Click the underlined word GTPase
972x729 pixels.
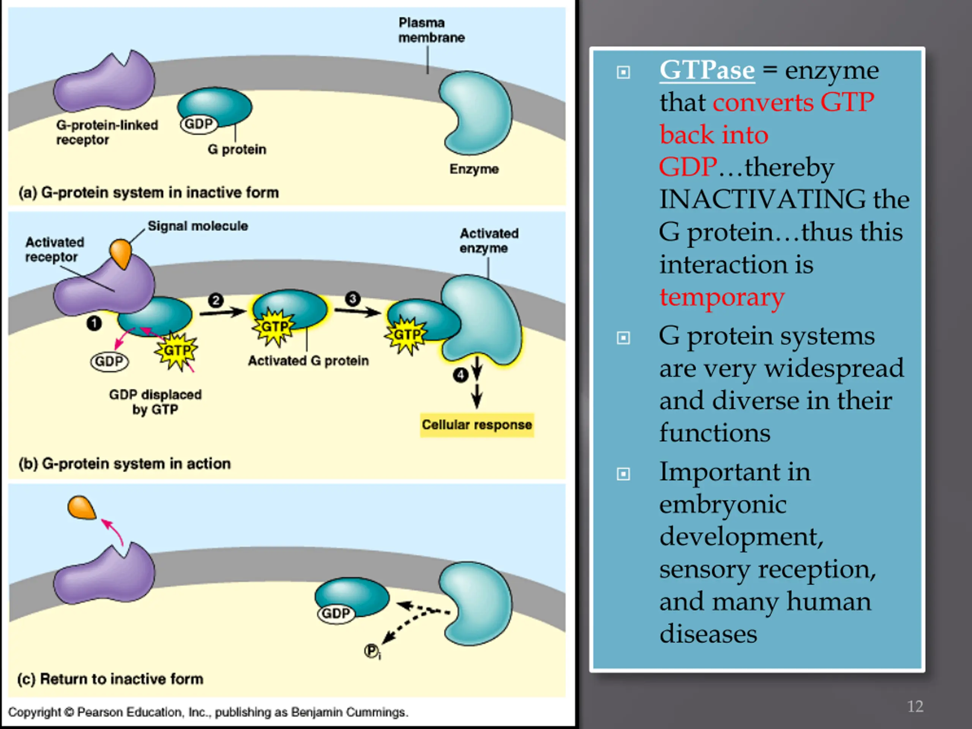pyautogui.click(x=707, y=70)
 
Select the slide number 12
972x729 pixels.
pyautogui.click(x=915, y=707)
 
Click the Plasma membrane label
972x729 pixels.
pyautogui.click(x=431, y=30)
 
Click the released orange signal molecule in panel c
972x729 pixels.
pyautogui.click(x=82, y=508)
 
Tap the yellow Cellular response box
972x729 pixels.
pyautogui.click(x=477, y=425)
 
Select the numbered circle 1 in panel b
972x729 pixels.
pyautogui.click(x=94, y=324)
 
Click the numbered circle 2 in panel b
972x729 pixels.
pyautogui.click(x=216, y=301)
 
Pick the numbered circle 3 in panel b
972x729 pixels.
pyautogui.click(x=352, y=299)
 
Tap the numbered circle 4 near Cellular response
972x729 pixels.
pyautogui.click(x=461, y=375)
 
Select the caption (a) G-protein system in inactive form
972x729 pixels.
pyautogui.click(x=148, y=193)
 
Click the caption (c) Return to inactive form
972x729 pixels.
pyautogui.click(x=110, y=679)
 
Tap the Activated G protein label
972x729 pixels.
pyautogui.click(x=308, y=361)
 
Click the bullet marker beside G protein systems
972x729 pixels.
pyautogui.click(x=623, y=338)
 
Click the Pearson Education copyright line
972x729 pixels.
pyautogui.click(x=208, y=712)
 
